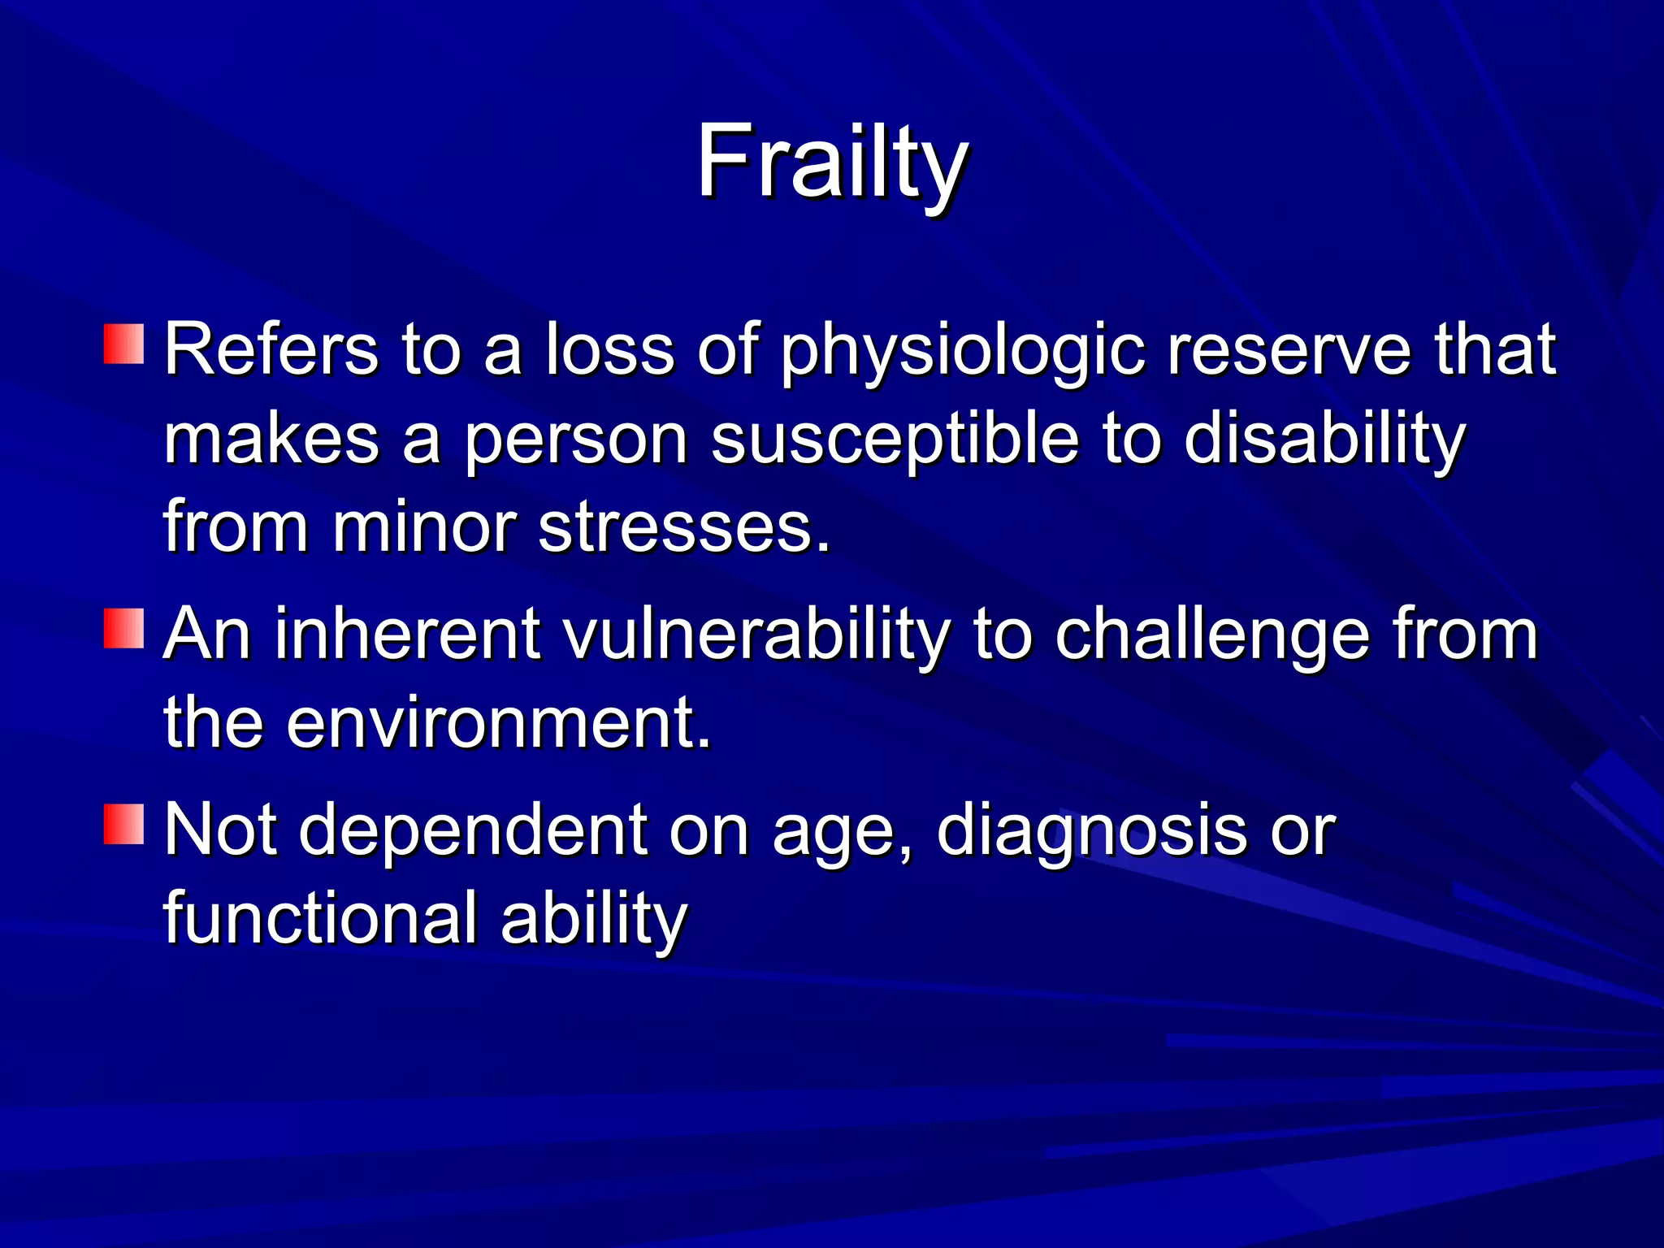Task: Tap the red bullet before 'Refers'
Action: tap(123, 344)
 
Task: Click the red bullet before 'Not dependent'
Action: tap(123, 824)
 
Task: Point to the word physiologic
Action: tap(962, 351)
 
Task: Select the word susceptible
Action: tap(895, 440)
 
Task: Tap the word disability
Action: tap(1324, 440)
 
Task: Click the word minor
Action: tap(423, 528)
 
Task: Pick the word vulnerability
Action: tap(756, 635)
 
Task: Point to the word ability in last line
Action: tap(594, 920)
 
